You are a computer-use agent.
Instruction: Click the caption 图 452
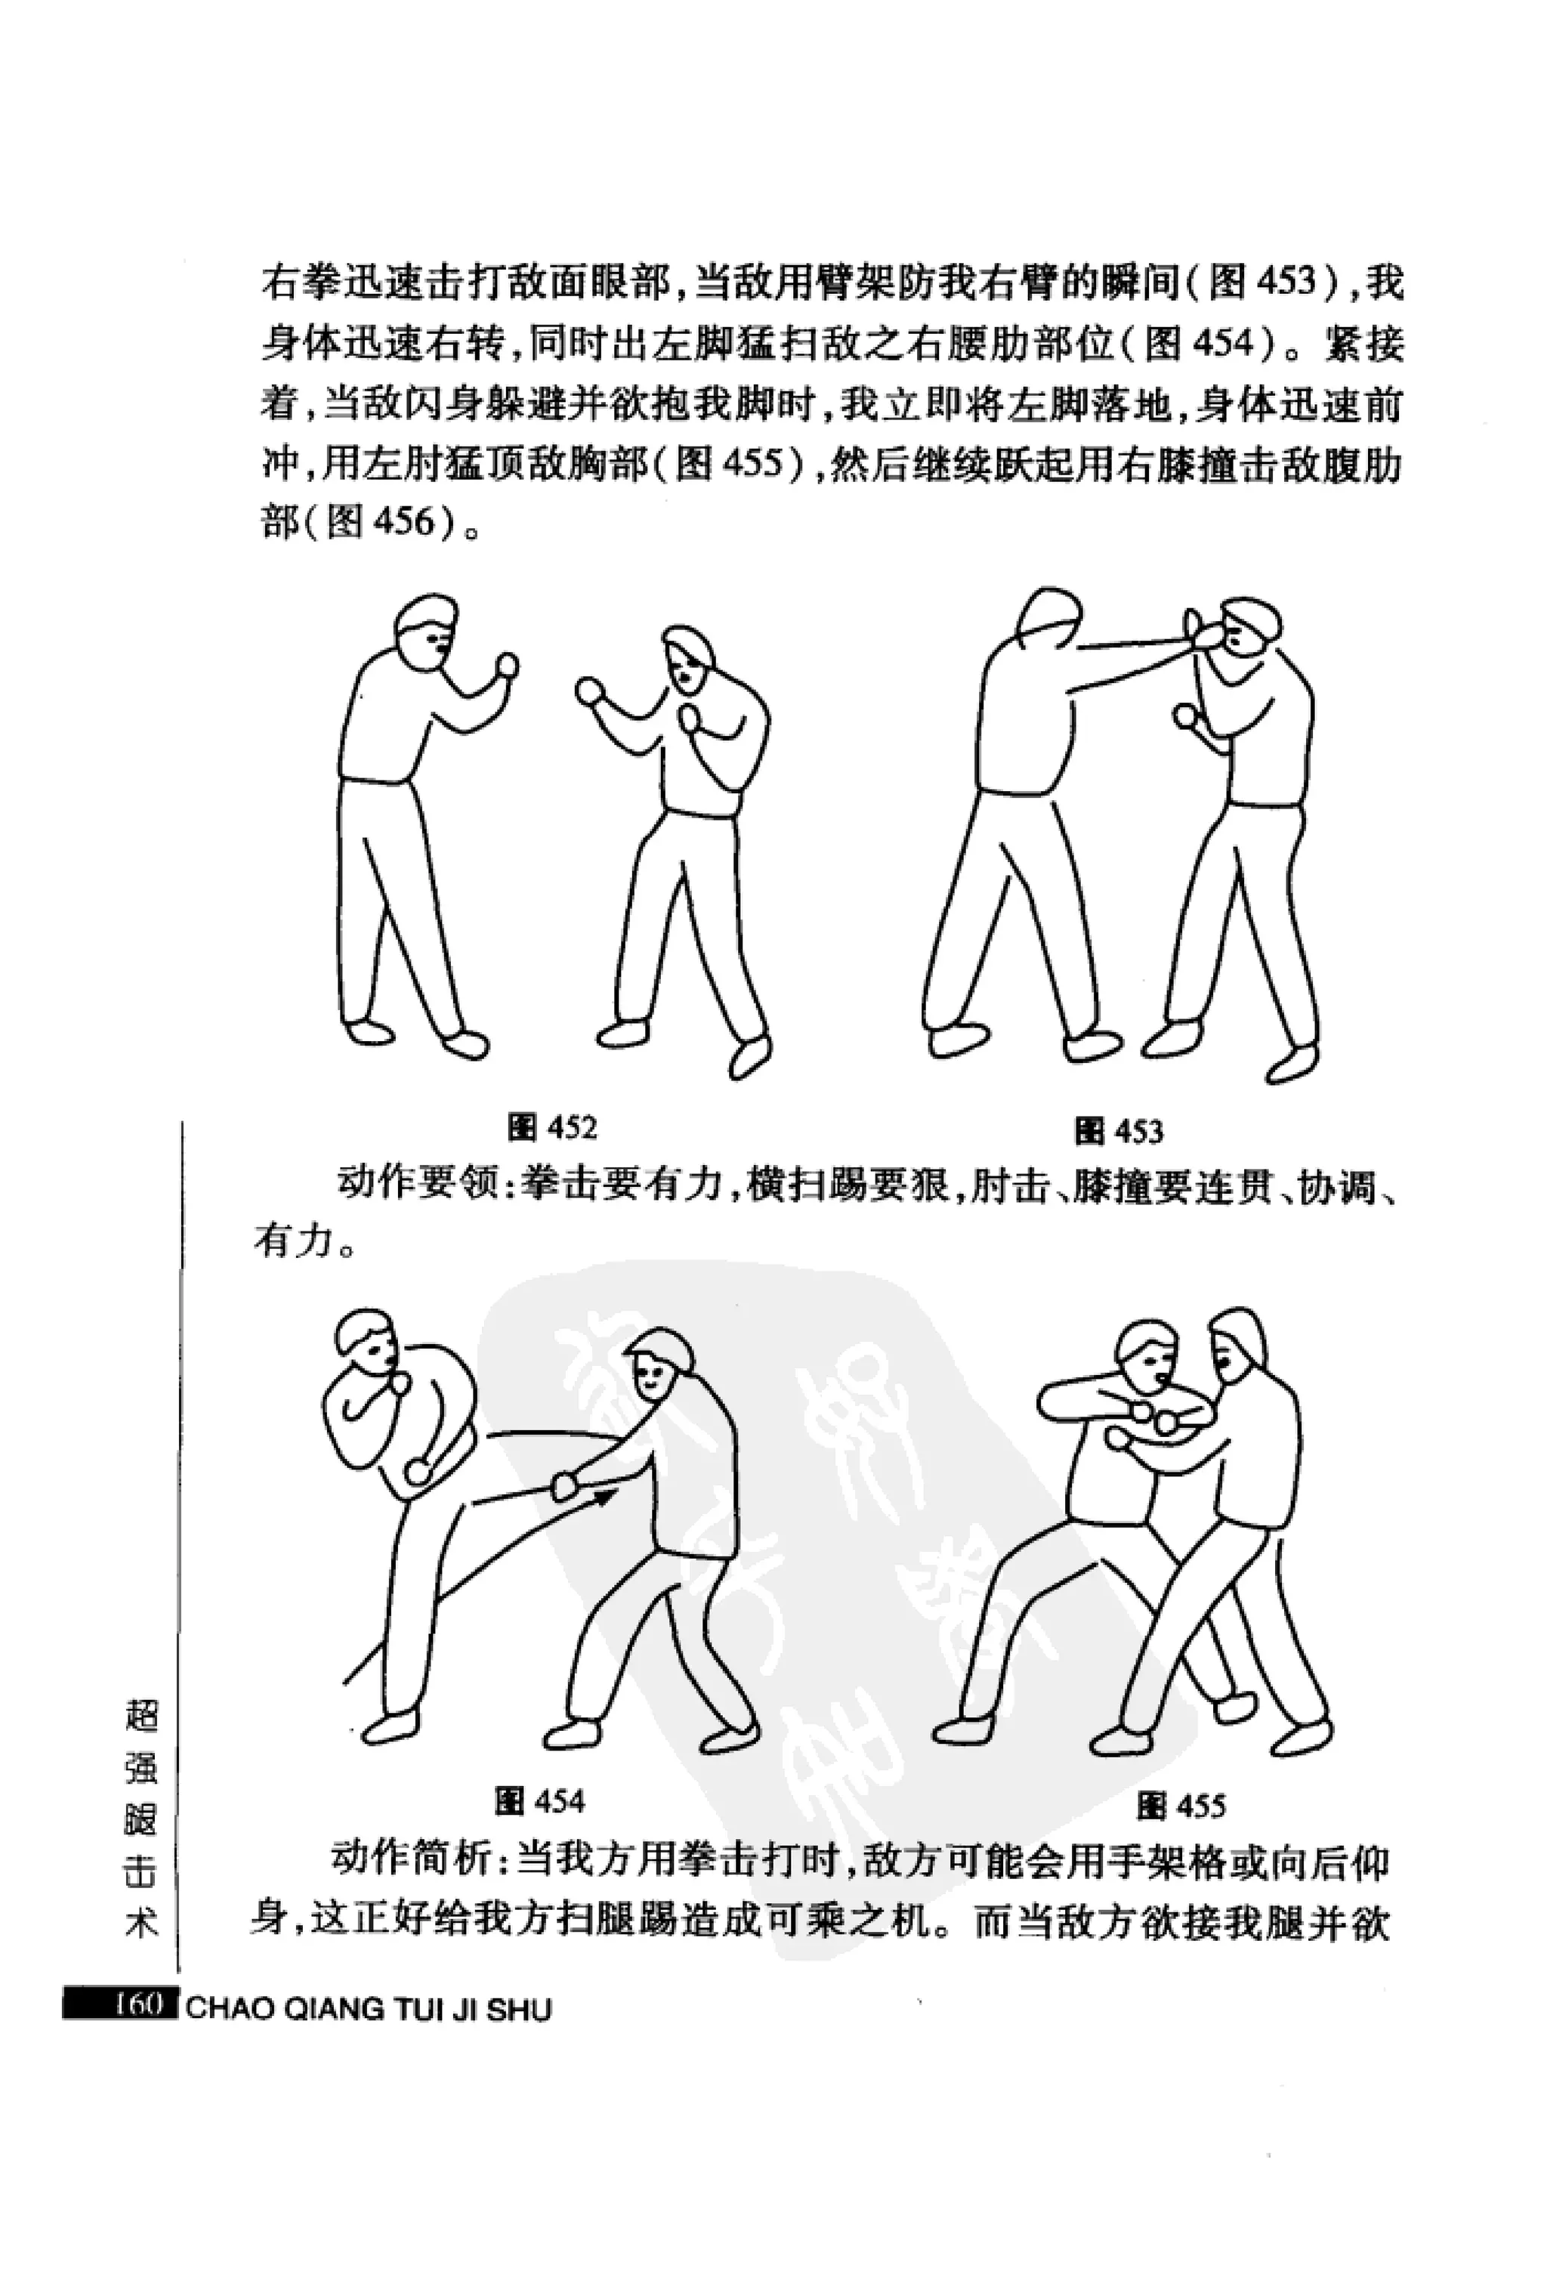pyautogui.click(x=551, y=1127)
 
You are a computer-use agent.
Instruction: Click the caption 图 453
pyautogui.click(x=1119, y=1130)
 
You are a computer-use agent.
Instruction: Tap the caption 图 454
pyautogui.click(x=540, y=1802)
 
